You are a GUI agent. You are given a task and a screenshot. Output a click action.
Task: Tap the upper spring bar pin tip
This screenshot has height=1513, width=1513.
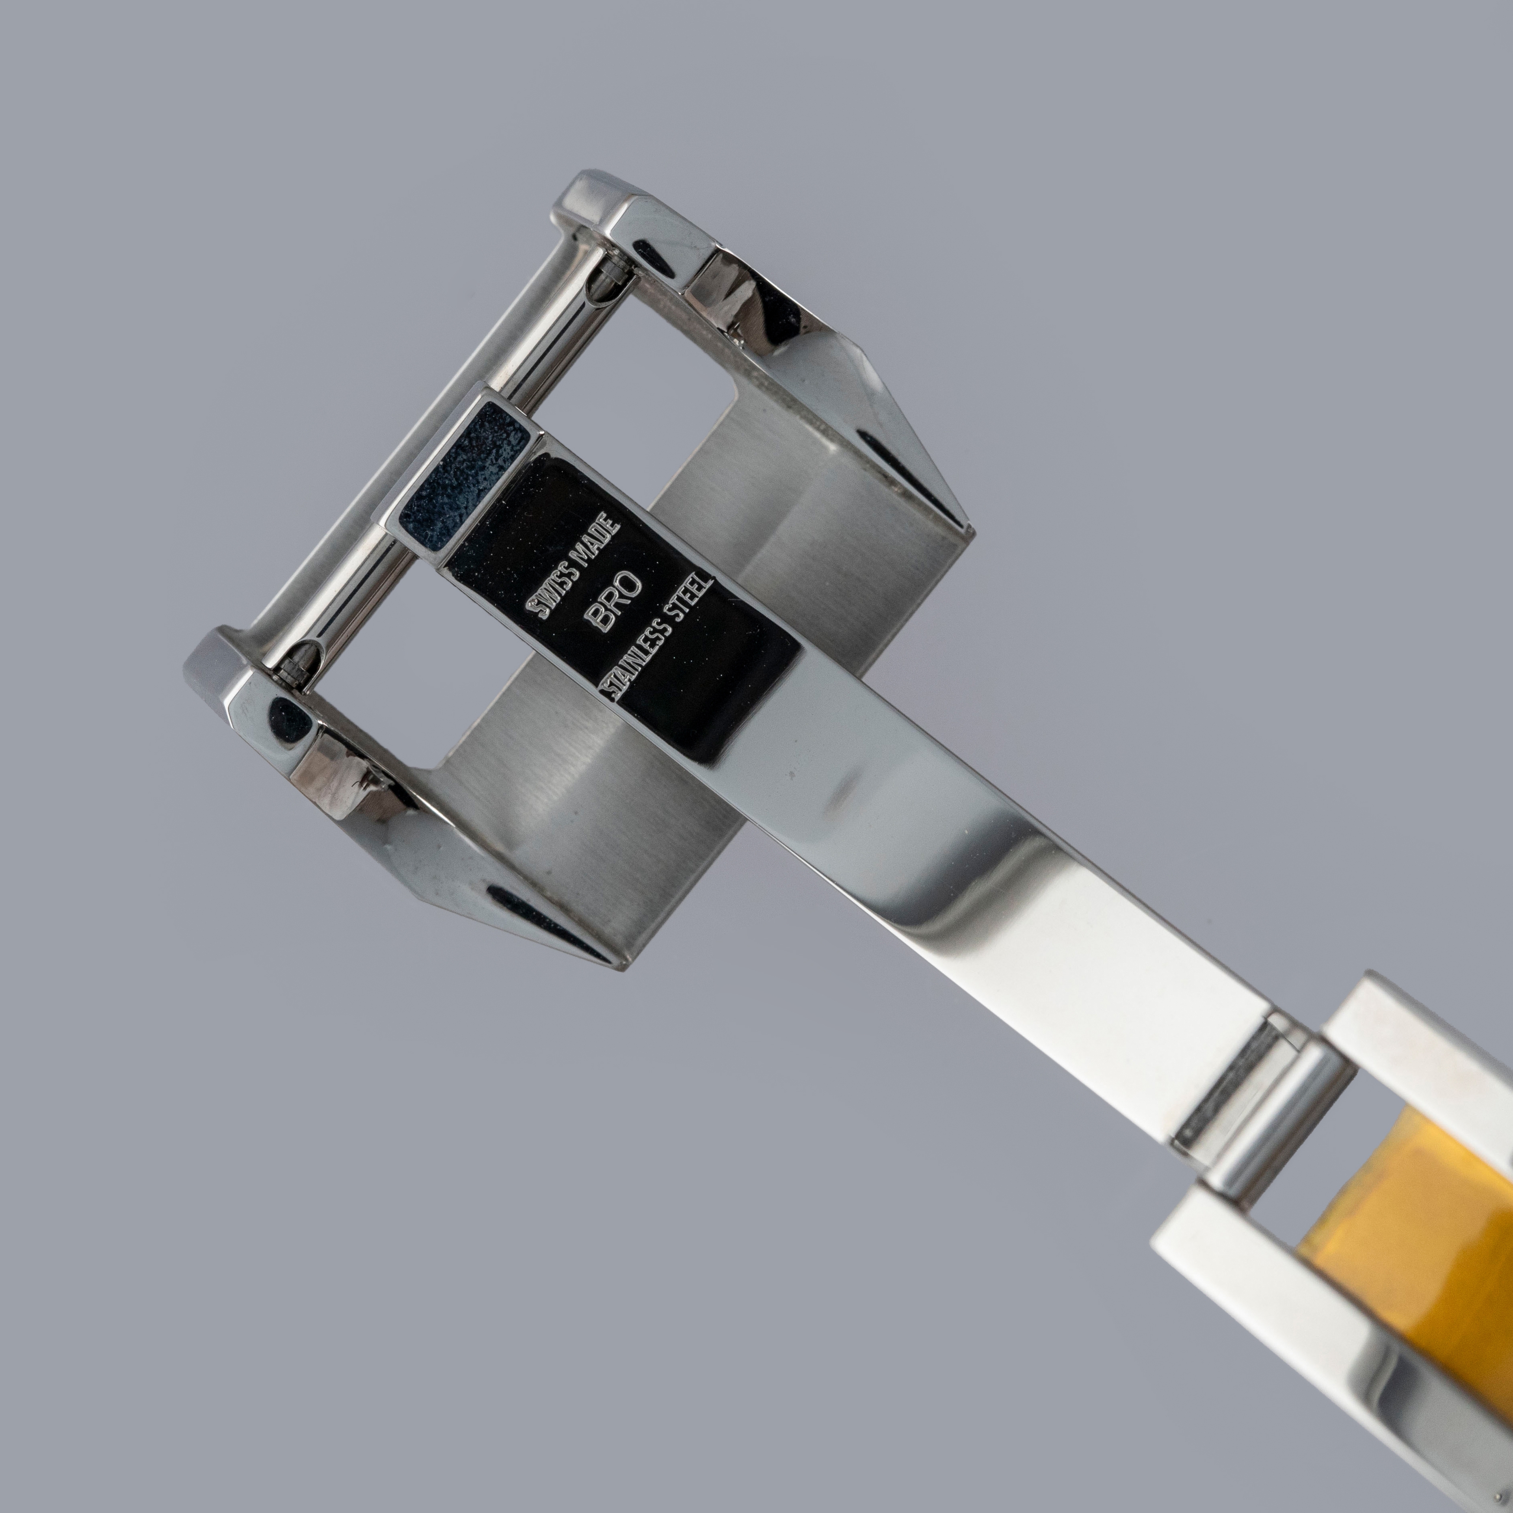pyautogui.click(x=610, y=276)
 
